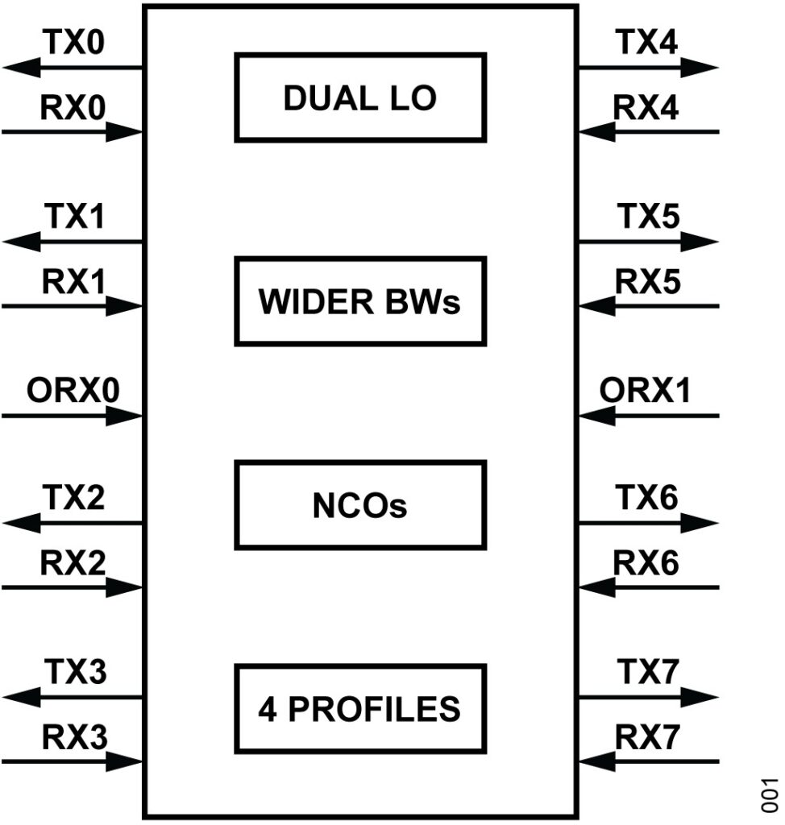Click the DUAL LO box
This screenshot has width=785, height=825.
coord(360,97)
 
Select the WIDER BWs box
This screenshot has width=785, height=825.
coord(360,301)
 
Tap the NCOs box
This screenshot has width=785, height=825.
coord(360,505)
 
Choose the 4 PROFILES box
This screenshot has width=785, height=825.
coord(360,708)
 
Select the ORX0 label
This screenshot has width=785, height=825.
coord(73,392)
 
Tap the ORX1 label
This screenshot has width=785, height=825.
coord(646,392)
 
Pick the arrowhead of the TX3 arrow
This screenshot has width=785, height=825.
coord(21,697)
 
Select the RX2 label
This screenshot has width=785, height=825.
coord(73,564)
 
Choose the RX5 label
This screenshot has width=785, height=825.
coord(646,282)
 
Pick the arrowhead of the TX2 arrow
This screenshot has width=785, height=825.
coord(21,523)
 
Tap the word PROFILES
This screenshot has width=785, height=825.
coord(376,709)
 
